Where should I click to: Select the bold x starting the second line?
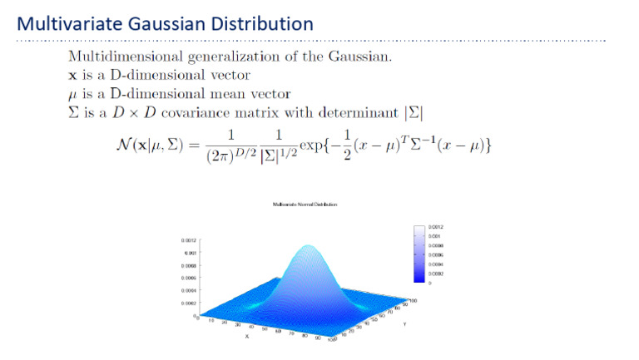tap(72, 75)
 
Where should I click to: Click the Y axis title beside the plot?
tap(404, 323)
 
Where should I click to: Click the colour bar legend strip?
tap(419, 254)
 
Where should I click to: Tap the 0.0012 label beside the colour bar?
tap(436, 227)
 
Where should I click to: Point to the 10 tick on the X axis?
tap(212, 319)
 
